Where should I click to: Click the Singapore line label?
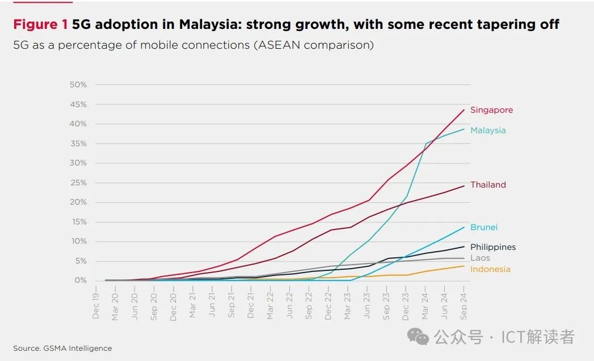491,110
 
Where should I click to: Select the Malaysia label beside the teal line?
487,130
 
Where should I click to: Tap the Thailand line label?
488,185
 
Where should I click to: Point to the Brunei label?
483,227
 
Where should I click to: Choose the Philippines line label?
492,247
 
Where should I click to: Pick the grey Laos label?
480,258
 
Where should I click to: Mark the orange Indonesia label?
490,269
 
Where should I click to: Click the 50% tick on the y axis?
78,85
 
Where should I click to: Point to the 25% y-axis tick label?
78,183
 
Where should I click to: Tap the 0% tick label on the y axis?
81,281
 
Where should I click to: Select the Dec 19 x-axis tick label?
96,306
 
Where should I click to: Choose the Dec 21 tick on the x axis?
251,306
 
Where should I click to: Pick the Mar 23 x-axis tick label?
348,306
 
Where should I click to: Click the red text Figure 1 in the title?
40,24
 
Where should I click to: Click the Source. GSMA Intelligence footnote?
62,348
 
